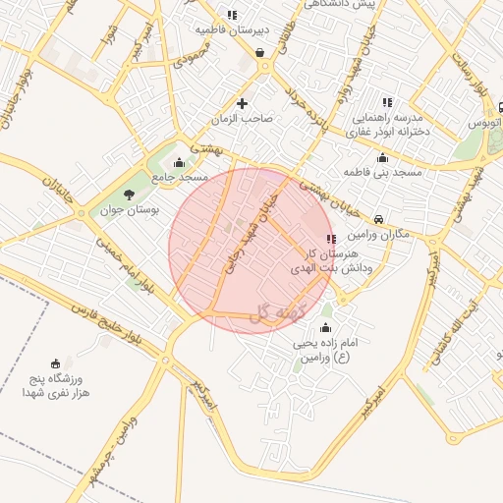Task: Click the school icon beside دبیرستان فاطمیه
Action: coord(232,15)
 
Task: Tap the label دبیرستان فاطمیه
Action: coord(231,30)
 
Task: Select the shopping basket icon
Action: coord(259,53)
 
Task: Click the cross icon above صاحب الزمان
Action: coord(242,103)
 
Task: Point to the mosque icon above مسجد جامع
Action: coord(178,163)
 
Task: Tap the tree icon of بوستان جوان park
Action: coord(129,194)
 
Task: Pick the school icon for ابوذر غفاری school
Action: coord(387,101)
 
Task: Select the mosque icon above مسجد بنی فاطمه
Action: coord(382,158)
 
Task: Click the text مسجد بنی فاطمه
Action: coord(382,173)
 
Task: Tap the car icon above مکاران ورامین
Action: coord(379,220)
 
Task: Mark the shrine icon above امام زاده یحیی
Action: coord(326,328)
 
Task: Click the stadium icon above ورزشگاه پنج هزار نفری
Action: coord(55,363)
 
